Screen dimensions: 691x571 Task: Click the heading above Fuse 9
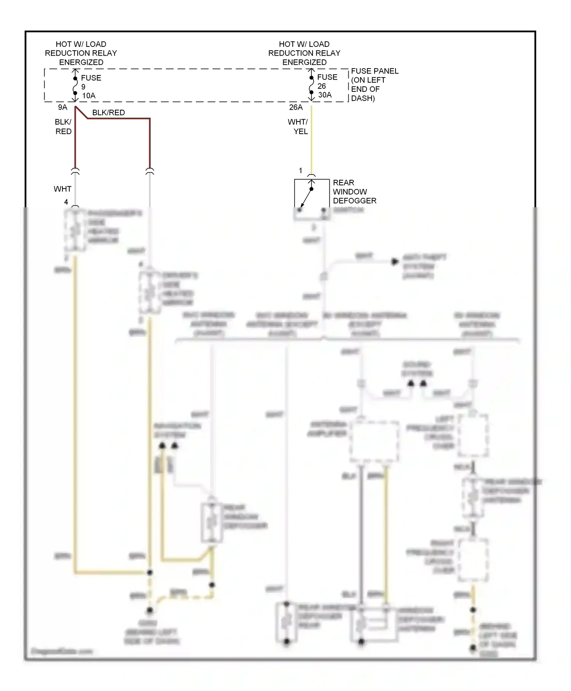[81, 53]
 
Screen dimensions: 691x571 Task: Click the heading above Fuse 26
[304, 53]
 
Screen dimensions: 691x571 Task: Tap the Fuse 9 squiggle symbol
[75, 86]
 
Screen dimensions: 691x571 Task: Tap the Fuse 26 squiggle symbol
[311, 85]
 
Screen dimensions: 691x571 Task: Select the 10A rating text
[89, 96]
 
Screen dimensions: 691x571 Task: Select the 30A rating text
[325, 95]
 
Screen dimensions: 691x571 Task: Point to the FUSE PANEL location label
[374, 85]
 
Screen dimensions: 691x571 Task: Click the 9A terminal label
[62, 107]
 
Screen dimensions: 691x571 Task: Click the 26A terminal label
[296, 107]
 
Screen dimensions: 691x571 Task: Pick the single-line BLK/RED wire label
[108, 112]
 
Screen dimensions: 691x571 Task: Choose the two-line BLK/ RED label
[63, 126]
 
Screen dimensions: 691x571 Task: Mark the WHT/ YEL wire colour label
[298, 126]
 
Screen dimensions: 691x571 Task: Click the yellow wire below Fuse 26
[312, 141]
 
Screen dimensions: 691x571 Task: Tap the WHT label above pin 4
[62, 189]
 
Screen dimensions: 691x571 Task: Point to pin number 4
[66, 202]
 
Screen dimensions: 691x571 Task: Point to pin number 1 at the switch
[300, 171]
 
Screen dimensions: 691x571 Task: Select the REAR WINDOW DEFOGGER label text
[354, 192]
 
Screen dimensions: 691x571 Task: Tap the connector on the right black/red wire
[150, 171]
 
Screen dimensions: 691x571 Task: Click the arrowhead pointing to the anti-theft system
[395, 262]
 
